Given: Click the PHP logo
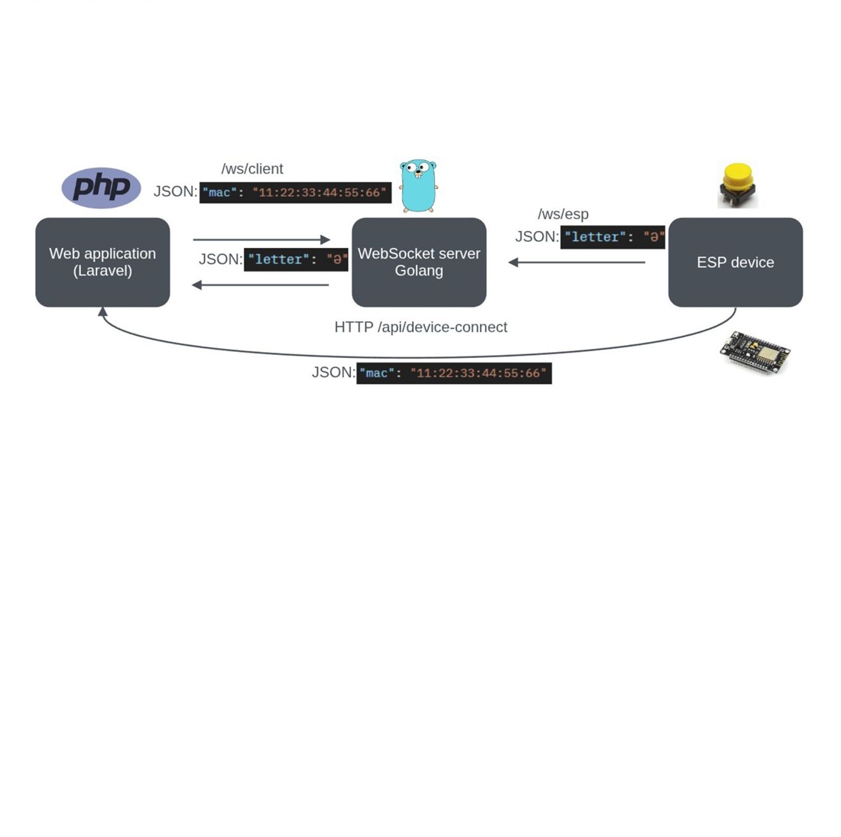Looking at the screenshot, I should click(101, 187).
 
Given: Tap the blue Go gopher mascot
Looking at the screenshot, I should click(418, 185).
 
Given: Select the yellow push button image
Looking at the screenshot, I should click(737, 184).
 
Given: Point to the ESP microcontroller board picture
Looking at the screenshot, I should click(755, 352).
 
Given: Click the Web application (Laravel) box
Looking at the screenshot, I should click(102, 262).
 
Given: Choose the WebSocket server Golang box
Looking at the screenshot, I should click(419, 262).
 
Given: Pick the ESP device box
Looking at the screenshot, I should click(735, 262).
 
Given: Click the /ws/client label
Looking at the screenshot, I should click(252, 169).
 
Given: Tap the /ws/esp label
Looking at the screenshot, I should click(563, 214).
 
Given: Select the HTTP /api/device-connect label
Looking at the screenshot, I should click(420, 327).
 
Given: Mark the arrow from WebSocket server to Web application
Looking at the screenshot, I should click(260, 285).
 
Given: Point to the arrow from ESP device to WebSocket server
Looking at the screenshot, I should click(577, 262).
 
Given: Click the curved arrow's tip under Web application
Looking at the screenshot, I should click(102, 312).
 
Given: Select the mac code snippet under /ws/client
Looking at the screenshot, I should click(295, 193).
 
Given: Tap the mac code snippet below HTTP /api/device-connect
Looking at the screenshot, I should click(454, 373).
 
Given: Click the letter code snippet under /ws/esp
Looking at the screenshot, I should click(612, 237).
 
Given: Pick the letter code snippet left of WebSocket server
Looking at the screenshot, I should click(296, 260).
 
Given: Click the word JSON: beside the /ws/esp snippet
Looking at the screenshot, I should click(537, 237).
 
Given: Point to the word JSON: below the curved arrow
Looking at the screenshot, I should click(333, 373).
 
